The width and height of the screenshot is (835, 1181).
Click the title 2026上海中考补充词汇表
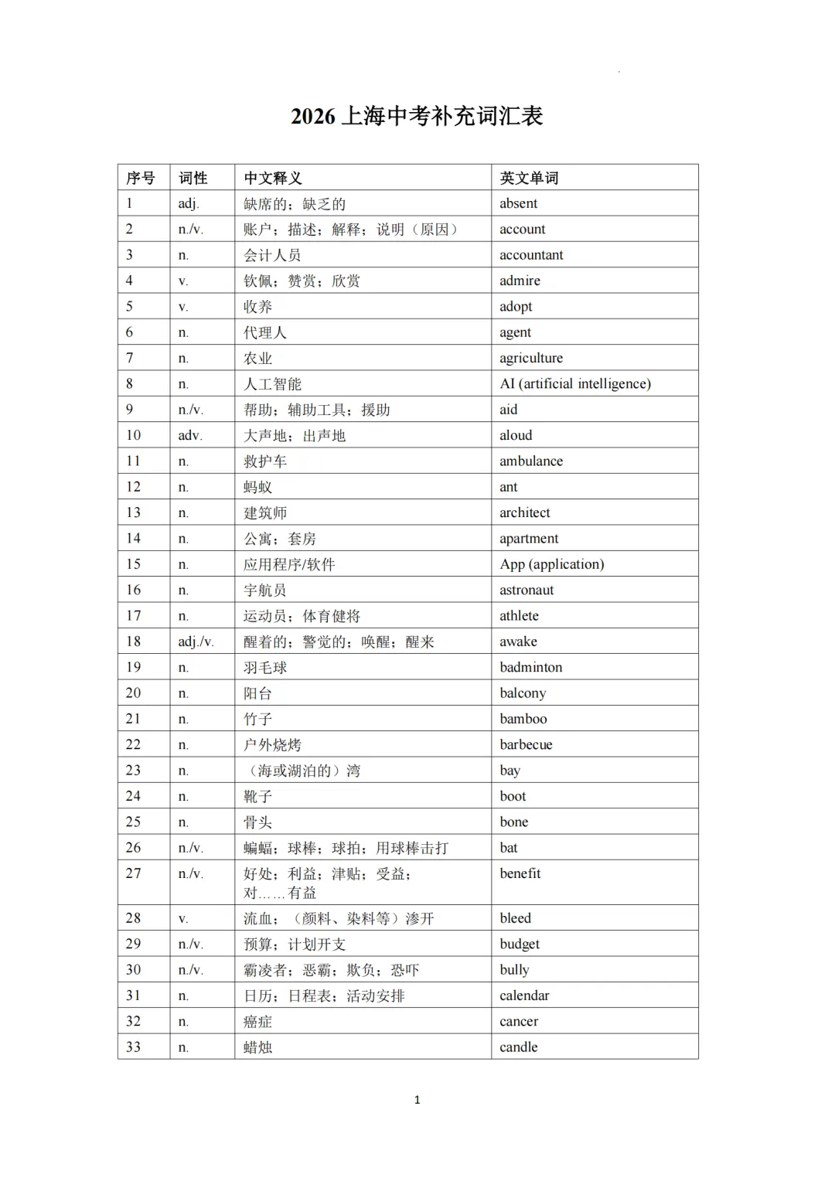point(417,116)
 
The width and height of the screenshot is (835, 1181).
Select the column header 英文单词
point(529,178)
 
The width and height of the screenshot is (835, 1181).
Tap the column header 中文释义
point(272,178)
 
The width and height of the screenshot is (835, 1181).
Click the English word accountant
point(531,255)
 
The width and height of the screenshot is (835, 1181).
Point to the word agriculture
point(531,358)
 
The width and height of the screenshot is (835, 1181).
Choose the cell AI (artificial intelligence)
point(575,383)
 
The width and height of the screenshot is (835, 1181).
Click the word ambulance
point(531,461)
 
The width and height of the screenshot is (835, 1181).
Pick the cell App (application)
point(552,564)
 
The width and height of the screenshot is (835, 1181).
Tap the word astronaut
point(527,590)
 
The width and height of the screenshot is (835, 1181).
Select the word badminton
point(531,667)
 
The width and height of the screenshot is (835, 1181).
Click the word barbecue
point(526,744)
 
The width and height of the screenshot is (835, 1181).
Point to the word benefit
point(520,873)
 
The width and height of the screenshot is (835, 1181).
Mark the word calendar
point(524,996)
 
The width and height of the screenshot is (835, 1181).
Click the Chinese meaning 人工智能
point(272,384)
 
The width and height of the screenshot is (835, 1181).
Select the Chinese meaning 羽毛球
point(265,668)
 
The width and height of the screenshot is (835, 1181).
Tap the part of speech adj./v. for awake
point(196,642)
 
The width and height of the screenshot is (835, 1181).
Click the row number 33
point(133,1047)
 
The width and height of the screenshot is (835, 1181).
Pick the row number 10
point(133,435)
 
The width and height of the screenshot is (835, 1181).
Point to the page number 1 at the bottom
point(417,1100)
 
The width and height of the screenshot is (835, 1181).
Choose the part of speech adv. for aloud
point(190,435)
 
